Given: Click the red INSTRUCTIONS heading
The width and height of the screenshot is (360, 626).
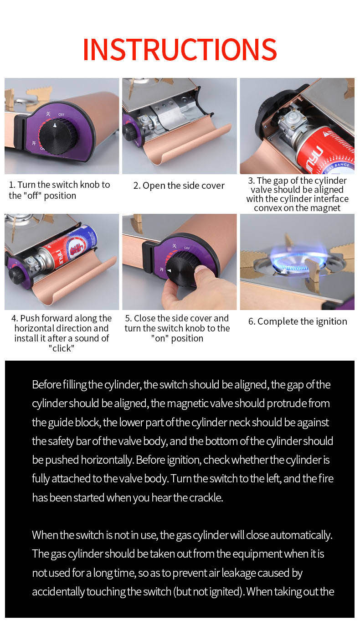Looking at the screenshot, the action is [x=180, y=49].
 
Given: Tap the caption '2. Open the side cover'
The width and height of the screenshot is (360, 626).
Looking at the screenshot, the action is [x=179, y=186].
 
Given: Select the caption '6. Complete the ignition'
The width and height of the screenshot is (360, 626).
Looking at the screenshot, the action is [x=298, y=321].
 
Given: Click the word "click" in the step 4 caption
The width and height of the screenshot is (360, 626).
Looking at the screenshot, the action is [x=61, y=348].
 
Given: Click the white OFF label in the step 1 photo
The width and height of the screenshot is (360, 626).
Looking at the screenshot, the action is [x=61, y=114].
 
